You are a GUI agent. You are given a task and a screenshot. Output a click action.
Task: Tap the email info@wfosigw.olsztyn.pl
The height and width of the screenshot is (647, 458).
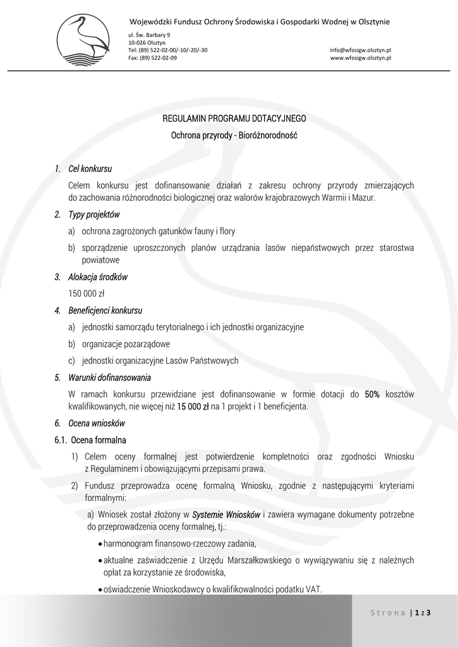pyautogui.click(x=360, y=49)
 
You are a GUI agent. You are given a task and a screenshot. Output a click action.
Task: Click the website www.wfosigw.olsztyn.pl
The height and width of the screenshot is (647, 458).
pyautogui.click(x=360, y=57)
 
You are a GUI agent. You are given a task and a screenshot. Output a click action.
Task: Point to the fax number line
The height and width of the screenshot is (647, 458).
pyautogui.click(x=152, y=57)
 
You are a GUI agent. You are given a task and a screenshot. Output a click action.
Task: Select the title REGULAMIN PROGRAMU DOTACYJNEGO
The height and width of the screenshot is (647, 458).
pyautogui.click(x=234, y=118)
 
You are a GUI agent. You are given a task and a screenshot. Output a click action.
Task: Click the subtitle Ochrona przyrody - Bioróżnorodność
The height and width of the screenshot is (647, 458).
pyautogui.click(x=234, y=135)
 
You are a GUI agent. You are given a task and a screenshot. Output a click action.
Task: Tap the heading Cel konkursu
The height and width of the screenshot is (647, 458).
pyautogui.click(x=90, y=169)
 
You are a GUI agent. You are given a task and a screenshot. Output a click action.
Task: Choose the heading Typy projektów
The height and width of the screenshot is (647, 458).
pyautogui.click(x=93, y=215)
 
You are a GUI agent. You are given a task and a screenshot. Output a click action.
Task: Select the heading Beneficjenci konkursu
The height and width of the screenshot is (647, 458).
pyautogui.click(x=105, y=310)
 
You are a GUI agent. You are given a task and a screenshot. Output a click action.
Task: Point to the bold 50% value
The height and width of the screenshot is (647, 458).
pyautogui.click(x=372, y=394)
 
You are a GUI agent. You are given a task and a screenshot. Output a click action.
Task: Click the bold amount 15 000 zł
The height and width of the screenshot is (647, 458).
pyautogui.click(x=193, y=406)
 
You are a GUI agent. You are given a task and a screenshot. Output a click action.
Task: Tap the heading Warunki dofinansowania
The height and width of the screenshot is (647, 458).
pyautogui.click(x=109, y=378)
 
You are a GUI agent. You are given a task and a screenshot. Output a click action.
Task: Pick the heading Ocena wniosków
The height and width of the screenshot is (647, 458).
pyautogui.click(x=97, y=423)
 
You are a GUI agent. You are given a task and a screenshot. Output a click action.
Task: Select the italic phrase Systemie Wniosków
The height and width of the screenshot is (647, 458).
pyautogui.click(x=226, y=514)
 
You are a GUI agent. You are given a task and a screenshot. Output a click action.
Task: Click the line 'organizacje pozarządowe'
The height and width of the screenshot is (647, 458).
pyautogui.click(x=126, y=344)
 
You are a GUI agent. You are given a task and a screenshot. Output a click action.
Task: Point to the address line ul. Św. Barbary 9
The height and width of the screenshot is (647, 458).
pyautogui.click(x=149, y=34)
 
